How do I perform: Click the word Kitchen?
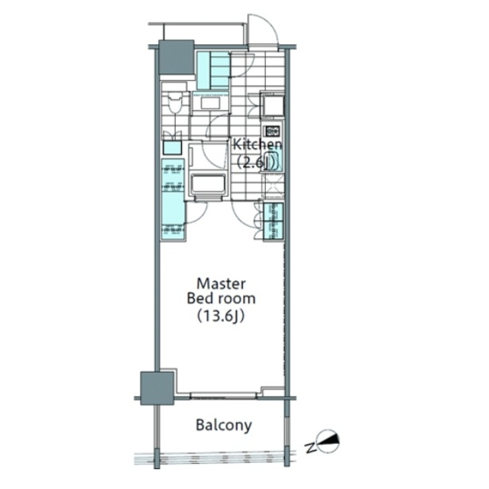(257, 144)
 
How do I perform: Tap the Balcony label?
(224, 426)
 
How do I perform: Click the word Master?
(221, 283)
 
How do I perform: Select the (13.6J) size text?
(221, 316)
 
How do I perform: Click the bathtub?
(209, 184)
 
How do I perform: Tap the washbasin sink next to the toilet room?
(210, 103)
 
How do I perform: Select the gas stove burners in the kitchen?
(272, 131)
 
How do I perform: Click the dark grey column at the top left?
(176, 57)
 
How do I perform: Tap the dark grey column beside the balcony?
(157, 388)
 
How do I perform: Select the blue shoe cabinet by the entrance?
(214, 70)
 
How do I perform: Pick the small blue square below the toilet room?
(172, 147)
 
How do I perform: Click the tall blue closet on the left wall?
(173, 199)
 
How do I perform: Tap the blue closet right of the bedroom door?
(274, 222)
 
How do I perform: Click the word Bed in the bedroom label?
(199, 299)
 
